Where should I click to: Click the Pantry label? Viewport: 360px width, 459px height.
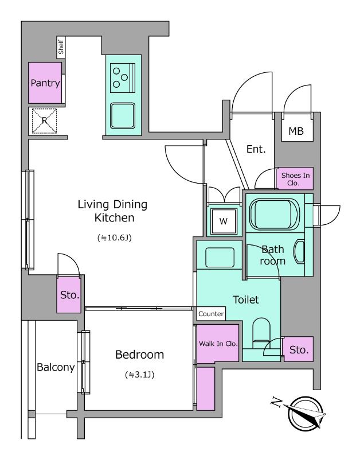click(x=45, y=83)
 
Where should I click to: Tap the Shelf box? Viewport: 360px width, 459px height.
click(x=61, y=47)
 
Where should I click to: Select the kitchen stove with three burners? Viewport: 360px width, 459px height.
click(x=123, y=78)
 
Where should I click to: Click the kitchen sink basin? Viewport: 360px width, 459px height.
click(x=123, y=116)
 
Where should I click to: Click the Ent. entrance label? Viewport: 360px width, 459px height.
click(x=256, y=149)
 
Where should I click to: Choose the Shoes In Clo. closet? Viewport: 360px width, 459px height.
click(x=295, y=178)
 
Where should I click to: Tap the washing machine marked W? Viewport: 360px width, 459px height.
click(x=224, y=221)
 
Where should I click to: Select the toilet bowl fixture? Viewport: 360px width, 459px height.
click(x=261, y=333)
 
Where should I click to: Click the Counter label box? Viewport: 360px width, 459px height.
click(x=211, y=314)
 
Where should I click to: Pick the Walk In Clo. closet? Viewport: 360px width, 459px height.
click(x=218, y=343)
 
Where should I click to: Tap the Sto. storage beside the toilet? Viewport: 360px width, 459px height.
click(x=299, y=349)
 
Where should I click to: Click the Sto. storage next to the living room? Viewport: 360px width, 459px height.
click(x=69, y=294)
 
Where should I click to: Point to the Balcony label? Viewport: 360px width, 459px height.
click(x=56, y=367)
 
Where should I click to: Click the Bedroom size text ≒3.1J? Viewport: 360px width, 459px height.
click(x=139, y=375)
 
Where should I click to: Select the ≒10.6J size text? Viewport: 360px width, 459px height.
click(x=114, y=238)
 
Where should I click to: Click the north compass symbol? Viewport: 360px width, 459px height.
click(x=304, y=413)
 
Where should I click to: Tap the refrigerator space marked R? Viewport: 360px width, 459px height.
click(x=44, y=120)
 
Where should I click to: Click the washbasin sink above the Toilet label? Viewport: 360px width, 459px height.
click(x=220, y=257)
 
